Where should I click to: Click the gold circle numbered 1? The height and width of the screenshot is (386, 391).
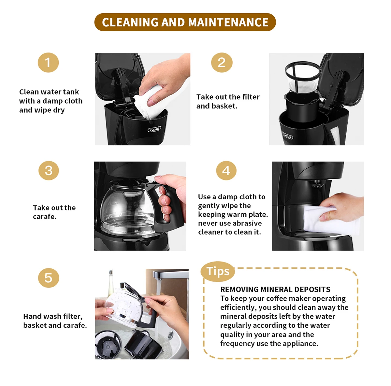(48, 63)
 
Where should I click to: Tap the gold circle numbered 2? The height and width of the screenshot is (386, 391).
(222, 63)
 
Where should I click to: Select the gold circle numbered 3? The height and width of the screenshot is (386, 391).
(49, 170)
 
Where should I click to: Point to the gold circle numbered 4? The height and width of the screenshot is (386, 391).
(226, 170)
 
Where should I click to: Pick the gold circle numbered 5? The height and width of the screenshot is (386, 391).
(49, 278)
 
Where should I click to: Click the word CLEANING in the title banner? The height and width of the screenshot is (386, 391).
(130, 22)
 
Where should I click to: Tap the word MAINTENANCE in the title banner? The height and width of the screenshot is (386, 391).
(228, 22)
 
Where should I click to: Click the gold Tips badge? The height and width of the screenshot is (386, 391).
(218, 271)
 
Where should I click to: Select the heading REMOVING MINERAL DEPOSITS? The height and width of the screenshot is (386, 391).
(275, 289)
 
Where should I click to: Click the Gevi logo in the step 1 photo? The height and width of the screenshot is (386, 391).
(155, 129)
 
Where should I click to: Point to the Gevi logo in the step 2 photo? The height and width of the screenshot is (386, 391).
(288, 135)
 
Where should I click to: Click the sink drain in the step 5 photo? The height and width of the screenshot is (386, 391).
(171, 335)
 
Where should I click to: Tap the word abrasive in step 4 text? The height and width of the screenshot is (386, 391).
(247, 223)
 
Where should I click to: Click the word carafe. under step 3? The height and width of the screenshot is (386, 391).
(45, 217)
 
